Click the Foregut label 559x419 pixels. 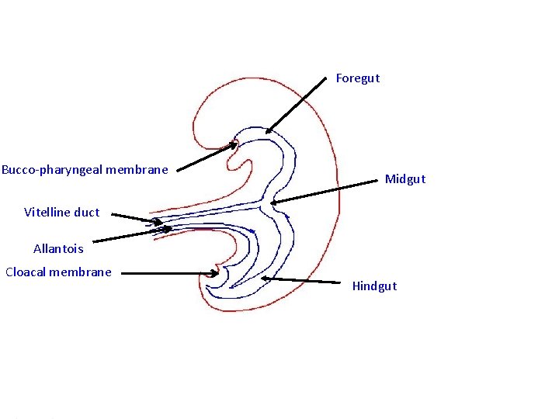[357, 78]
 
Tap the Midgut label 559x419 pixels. [404, 179]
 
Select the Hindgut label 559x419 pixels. [373, 286]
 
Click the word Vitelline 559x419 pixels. [48, 212]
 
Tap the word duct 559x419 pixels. [87, 212]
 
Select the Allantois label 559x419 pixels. [58, 249]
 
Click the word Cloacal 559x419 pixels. [28, 272]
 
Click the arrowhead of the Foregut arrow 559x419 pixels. [266, 132]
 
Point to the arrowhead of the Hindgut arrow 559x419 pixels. [263, 277]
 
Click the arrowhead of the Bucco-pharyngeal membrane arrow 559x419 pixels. [237, 144]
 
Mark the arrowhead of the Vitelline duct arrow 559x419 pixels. [163, 223]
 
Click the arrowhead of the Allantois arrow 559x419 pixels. [171, 229]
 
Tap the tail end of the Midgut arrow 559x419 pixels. [376, 182]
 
